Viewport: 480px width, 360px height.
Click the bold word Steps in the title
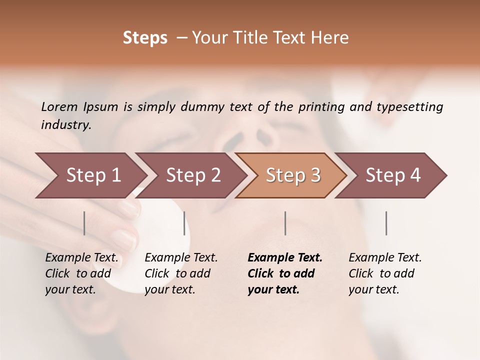point(145,38)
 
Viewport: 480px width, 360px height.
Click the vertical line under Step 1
point(84,223)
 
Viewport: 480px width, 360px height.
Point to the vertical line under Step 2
point(184,223)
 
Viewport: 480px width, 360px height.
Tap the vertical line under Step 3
point(285,223)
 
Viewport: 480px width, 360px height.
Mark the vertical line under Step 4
point(386,223)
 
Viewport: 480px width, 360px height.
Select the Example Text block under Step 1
point(81,273)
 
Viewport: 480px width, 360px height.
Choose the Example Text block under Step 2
point(181,273)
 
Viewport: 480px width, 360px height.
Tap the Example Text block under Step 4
point(385,273)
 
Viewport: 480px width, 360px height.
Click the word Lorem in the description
point(59,107)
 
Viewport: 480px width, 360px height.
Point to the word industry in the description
point(66,125)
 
